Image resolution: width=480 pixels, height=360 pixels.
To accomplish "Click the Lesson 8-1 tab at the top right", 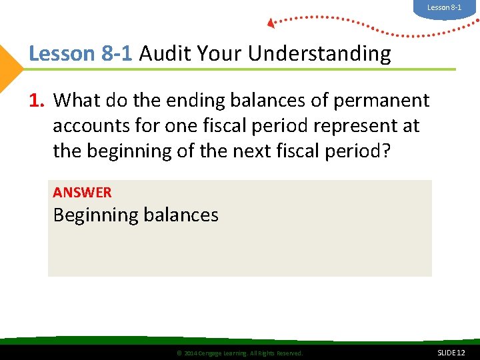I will click(x=444, y=7).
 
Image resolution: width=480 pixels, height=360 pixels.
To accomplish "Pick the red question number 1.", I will click(x=37, y=101).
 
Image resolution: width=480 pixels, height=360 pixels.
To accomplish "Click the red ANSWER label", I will click(x=82, y=193).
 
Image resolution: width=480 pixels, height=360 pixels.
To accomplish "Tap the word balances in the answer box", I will click(x=179, y=215).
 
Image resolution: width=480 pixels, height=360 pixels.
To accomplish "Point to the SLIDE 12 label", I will click(x=451, y=352).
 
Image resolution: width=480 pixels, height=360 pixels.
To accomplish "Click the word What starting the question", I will click(x=74, y=101).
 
